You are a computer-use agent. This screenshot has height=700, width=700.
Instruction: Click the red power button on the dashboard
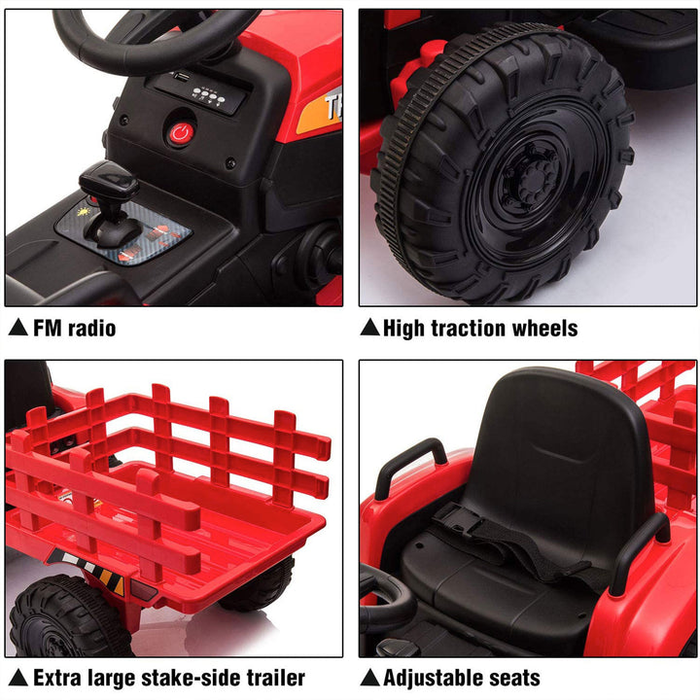tap(181, 133)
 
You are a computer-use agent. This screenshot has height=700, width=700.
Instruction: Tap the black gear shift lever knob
tap(109, 181)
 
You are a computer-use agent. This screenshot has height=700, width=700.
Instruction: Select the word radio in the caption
tap(91, 329)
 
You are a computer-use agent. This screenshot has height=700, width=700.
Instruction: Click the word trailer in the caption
tap(271, 678)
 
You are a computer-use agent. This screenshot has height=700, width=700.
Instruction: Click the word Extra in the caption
tap(56, 678)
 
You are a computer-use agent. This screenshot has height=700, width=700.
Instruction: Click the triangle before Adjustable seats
tap(369, 678)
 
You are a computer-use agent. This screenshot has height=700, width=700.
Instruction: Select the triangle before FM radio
tap(17, 329)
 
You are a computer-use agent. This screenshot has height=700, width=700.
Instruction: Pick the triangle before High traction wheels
tap(369, 329)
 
